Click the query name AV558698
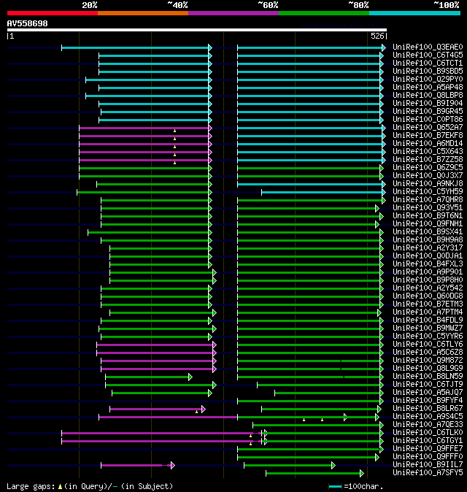[28, 23]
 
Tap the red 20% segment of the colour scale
[52, 12]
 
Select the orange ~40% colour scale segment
[142, 12]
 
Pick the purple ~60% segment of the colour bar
[233, 12]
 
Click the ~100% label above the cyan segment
[447, 4]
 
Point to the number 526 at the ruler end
[377, 36]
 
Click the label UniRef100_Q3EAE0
[428, 47]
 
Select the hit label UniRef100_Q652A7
[428, 128]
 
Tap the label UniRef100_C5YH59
[428, 192]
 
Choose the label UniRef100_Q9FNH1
[428, 224]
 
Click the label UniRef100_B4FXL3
[428, 264]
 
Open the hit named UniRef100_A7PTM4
[428, 312]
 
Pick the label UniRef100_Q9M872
[428, 361]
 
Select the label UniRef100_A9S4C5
[428, 417]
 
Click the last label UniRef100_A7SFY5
[428, 473]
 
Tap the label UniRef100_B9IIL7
[428, 465]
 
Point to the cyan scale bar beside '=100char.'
[335, 486]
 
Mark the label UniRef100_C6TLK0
[428, 433]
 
